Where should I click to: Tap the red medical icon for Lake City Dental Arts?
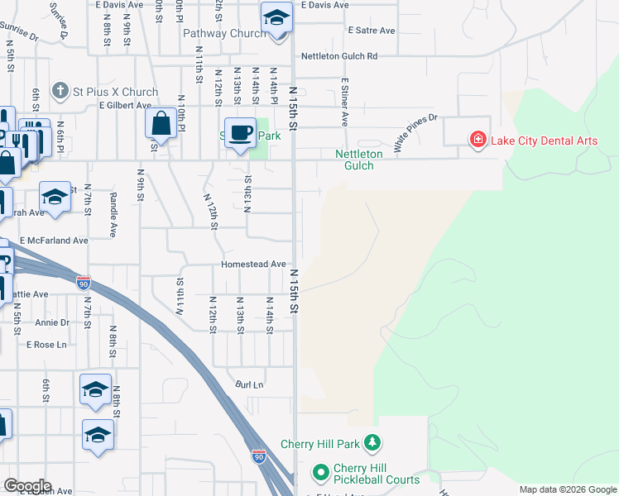477,140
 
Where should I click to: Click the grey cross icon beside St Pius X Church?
60,90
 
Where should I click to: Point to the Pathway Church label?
224,34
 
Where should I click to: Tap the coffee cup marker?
241,132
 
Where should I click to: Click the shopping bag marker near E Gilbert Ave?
161,124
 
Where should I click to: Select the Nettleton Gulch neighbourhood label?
359,160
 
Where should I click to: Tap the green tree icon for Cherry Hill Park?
374,443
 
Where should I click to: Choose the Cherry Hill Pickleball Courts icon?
320,473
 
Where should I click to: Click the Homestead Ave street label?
253,265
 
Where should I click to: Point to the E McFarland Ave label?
54,241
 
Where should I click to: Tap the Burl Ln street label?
249,384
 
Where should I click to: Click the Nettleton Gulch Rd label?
338,56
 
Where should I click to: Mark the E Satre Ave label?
372,31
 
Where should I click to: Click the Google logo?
28,486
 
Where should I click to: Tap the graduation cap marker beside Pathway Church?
277,17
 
